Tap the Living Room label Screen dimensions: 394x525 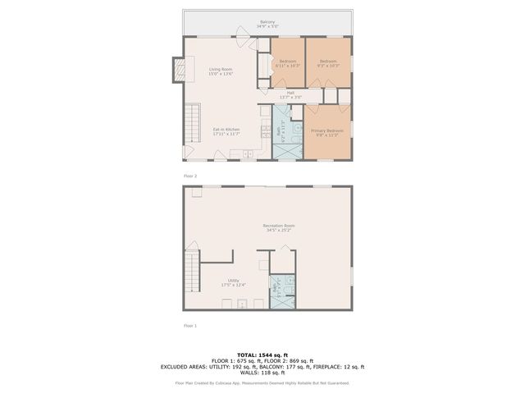click(x=221, y=71)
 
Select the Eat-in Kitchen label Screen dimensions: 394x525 click(x=226, y=132)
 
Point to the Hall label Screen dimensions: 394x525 click(x=290, y=94)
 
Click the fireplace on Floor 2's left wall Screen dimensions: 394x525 click(x=176, y=70)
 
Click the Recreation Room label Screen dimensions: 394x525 click(x=279, y=227)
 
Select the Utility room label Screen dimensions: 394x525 click(x=234, y=282)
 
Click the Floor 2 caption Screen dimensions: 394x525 click(x=190, y=176)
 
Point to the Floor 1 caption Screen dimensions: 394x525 click(x=190, y=326)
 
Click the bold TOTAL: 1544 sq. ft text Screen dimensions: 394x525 click(x=262, y=353)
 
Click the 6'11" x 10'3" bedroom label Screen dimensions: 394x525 click(x=288, y=63)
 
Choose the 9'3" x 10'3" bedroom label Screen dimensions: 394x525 click(x=328, y=63)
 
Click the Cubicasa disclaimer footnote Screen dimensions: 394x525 click(x=262, y=383)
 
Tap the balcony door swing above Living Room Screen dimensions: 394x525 click(x=242, y=33)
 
